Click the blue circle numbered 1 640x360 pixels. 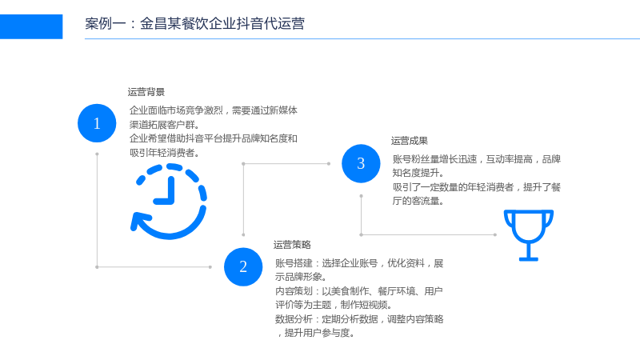click(x=97, y=123)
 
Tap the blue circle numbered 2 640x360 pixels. click(x=243, y=267)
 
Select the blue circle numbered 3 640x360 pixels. click(x=361, y=163)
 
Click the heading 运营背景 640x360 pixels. click(x=146, y=92)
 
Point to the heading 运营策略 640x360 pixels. click(x=292, y=245)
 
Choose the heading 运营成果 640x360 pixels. click(x=410, y=141)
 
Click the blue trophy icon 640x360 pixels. click(x=529, y=235)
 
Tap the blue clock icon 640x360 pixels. click(x=168, y=202)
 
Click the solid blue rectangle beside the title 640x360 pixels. click(x=31, y=26)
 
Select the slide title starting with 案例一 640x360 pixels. click(x=194, y=24)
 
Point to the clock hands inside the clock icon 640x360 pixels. click(x=165, y=190)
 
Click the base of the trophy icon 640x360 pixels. click(x=529, y=258)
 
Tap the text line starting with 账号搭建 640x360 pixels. click(x=359, y=263)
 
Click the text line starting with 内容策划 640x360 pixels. click(x=359, y=291)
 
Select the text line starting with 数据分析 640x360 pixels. click(x=359, y=318)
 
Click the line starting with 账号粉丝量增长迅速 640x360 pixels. click(x=477, y=159)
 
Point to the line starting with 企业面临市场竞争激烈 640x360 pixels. click(x=214, y=110)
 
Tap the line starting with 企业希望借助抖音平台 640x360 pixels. click(x=214, y=138)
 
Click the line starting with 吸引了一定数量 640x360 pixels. click(x=477, y=187)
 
